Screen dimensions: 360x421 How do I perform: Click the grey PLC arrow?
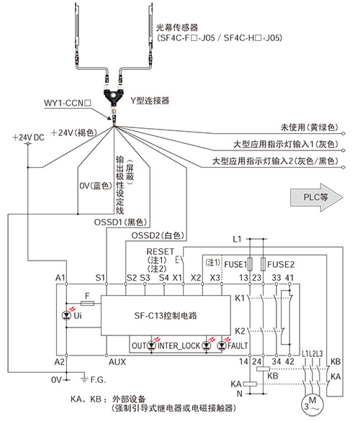tap(317, 197)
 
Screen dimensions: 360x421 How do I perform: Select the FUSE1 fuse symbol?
tap(250, 263)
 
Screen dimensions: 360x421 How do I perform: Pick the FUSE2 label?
tap(281, 265)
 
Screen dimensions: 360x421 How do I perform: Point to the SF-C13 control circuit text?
tap(166, 315)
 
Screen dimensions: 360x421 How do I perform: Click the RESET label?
tap(161, 252)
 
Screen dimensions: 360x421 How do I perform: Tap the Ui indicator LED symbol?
tap(66, 315)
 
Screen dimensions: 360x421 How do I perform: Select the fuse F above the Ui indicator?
tap(87, 304)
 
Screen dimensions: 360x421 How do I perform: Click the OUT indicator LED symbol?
tap(152, 345)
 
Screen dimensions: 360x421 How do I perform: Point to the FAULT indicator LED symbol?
tap(222, 345)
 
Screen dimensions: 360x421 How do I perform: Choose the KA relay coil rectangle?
tap(250, 384)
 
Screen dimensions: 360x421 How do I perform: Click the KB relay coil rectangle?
tap(263, 369)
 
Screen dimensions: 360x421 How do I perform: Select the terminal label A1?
tap(60, 278)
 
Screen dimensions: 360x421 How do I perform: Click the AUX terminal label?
tap(117, 362)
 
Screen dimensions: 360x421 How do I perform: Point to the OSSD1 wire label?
tap(121, 222)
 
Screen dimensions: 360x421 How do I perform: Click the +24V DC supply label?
tap(28, 137)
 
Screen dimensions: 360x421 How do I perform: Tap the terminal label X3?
tap(215, 278)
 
